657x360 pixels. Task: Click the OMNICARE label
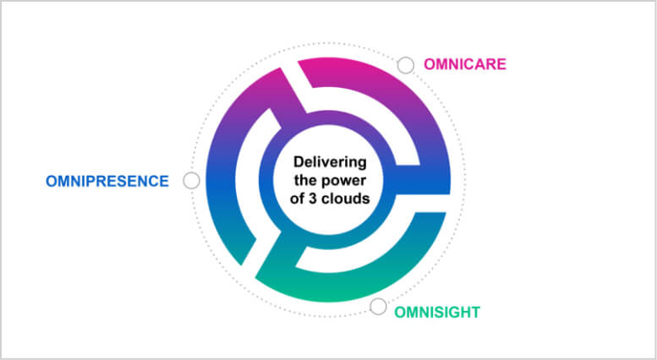(465, 64)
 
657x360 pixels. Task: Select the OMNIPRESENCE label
(107, 181)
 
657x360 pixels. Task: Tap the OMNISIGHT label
(437, 313)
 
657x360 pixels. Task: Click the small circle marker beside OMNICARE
(406, 65)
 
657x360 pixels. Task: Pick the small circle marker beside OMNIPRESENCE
(191, 181)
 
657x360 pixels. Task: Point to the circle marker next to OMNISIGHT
(378, 307)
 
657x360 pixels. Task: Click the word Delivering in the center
(330, 162)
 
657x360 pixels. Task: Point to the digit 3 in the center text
(312, 199)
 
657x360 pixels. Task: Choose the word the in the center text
(309, 180)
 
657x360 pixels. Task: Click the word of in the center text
(297, 198)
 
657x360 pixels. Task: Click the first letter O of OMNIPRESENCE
(52, 181)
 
